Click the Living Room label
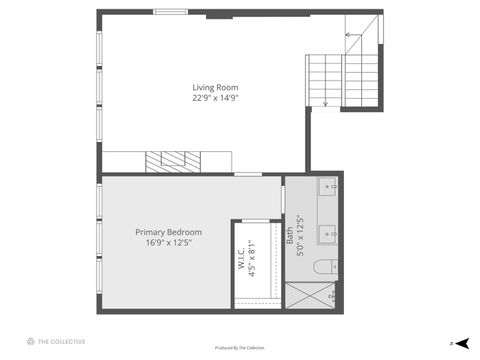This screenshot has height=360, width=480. [215, 87]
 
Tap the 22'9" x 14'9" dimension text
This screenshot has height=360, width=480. [215, 98]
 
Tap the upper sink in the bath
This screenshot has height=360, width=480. [329, 187]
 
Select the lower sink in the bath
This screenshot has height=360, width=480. [329, 235]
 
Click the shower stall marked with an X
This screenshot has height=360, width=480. [311, 296]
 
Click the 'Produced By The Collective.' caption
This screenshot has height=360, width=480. [240, 348]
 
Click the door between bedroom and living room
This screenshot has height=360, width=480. [248, 175]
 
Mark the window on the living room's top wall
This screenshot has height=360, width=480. [171, 11]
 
